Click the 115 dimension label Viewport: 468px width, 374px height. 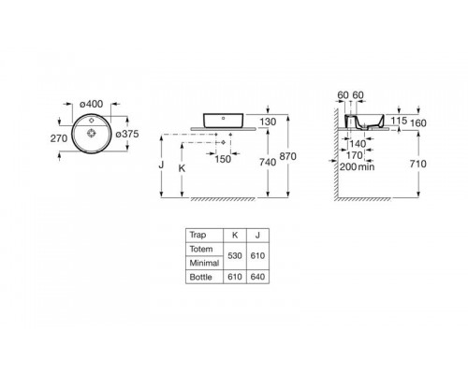click(396, 121)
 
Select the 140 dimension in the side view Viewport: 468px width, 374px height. click(358, 144)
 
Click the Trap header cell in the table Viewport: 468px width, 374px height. click(197, 235)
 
